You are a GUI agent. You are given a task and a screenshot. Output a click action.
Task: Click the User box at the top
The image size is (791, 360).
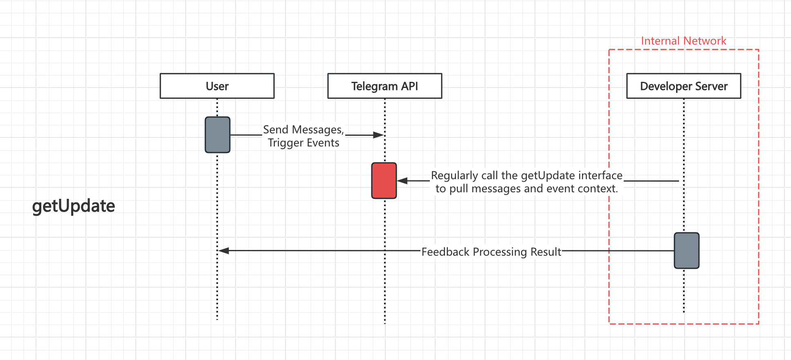217,86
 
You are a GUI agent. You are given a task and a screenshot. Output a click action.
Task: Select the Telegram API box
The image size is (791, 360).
384,86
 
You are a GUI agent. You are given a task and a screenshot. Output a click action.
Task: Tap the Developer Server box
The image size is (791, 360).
683,86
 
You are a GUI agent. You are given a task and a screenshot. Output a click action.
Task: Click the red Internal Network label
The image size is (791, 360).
683,41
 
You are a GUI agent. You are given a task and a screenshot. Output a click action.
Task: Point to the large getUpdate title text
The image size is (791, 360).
74,206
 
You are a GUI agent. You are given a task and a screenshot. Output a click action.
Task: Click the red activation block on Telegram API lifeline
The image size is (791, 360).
384,180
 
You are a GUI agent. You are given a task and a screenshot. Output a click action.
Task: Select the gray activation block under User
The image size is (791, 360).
217,135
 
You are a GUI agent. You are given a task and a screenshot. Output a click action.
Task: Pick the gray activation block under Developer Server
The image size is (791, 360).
686,250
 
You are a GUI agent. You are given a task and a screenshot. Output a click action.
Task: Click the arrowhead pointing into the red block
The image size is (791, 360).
402,180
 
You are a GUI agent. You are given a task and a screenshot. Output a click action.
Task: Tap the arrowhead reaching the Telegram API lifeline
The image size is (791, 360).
379,135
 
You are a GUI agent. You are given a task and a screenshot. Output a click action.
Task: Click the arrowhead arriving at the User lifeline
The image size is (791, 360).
223,250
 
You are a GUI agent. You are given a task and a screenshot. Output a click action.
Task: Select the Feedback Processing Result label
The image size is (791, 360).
491,252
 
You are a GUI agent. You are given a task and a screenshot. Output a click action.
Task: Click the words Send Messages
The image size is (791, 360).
303,130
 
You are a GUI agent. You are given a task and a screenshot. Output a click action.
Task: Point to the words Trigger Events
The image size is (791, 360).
303,143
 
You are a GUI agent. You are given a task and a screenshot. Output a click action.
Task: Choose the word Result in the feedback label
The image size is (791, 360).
546,252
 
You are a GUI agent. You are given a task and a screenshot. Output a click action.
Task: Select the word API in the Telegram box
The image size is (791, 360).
409,86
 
